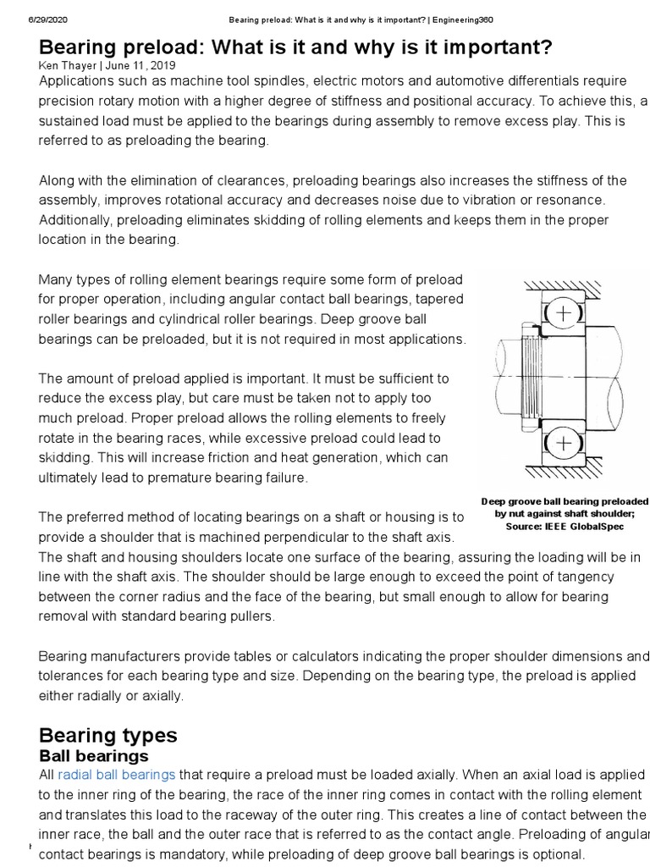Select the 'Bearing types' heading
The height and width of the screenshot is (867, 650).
(x=108, y=734)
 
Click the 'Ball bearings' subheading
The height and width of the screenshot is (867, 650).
(x=94, y=755)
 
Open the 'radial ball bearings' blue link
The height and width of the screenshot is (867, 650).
(x=117, y=774)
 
